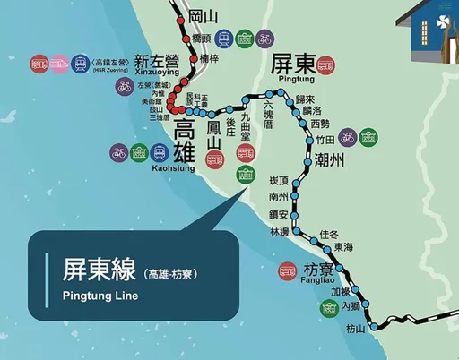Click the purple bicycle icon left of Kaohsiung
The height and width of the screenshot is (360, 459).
point(118,153)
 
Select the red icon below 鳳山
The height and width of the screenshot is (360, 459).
point(214,160)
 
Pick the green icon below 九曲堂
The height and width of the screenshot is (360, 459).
point(244,175)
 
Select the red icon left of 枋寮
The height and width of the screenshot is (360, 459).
point(288,269)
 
